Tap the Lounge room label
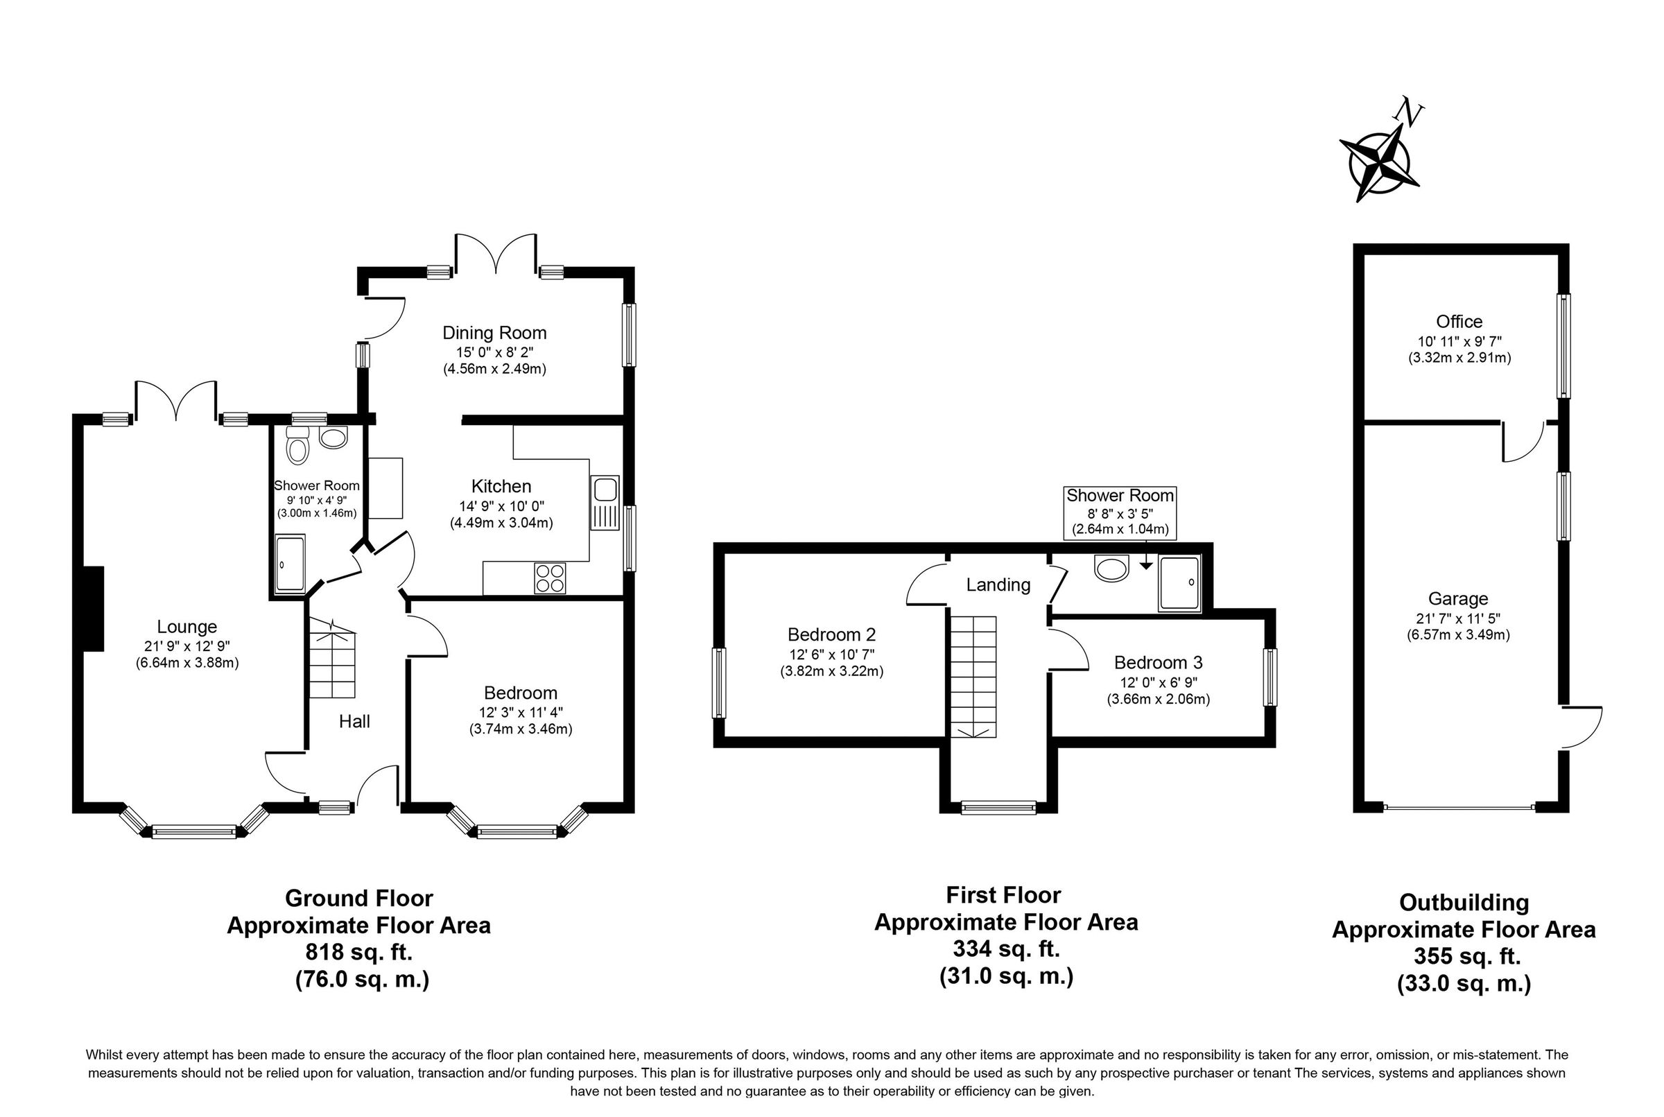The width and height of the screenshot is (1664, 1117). point(187,627)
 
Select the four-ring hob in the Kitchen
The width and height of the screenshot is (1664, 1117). point(550,578)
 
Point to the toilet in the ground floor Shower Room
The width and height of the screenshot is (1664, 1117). point(297,447)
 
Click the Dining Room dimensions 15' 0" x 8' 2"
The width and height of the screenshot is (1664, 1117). point(494,352)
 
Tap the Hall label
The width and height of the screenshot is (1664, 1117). point(354,722)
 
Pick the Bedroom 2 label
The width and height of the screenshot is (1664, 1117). point(831,634)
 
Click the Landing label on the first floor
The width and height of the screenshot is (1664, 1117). point(998,585)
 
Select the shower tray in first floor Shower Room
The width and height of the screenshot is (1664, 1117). point(1179,583)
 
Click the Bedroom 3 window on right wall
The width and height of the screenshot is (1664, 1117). point(1270,677)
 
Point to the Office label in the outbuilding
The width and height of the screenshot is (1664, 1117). point(1459,322)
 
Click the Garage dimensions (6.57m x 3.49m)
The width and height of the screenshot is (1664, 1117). point(1457,634)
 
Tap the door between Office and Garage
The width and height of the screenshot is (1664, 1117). point(1523,442)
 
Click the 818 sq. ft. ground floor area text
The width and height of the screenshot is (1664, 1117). point(358,952)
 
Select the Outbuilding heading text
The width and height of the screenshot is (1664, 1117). point(1464,903)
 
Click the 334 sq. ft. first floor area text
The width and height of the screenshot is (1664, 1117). point(1006,949)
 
